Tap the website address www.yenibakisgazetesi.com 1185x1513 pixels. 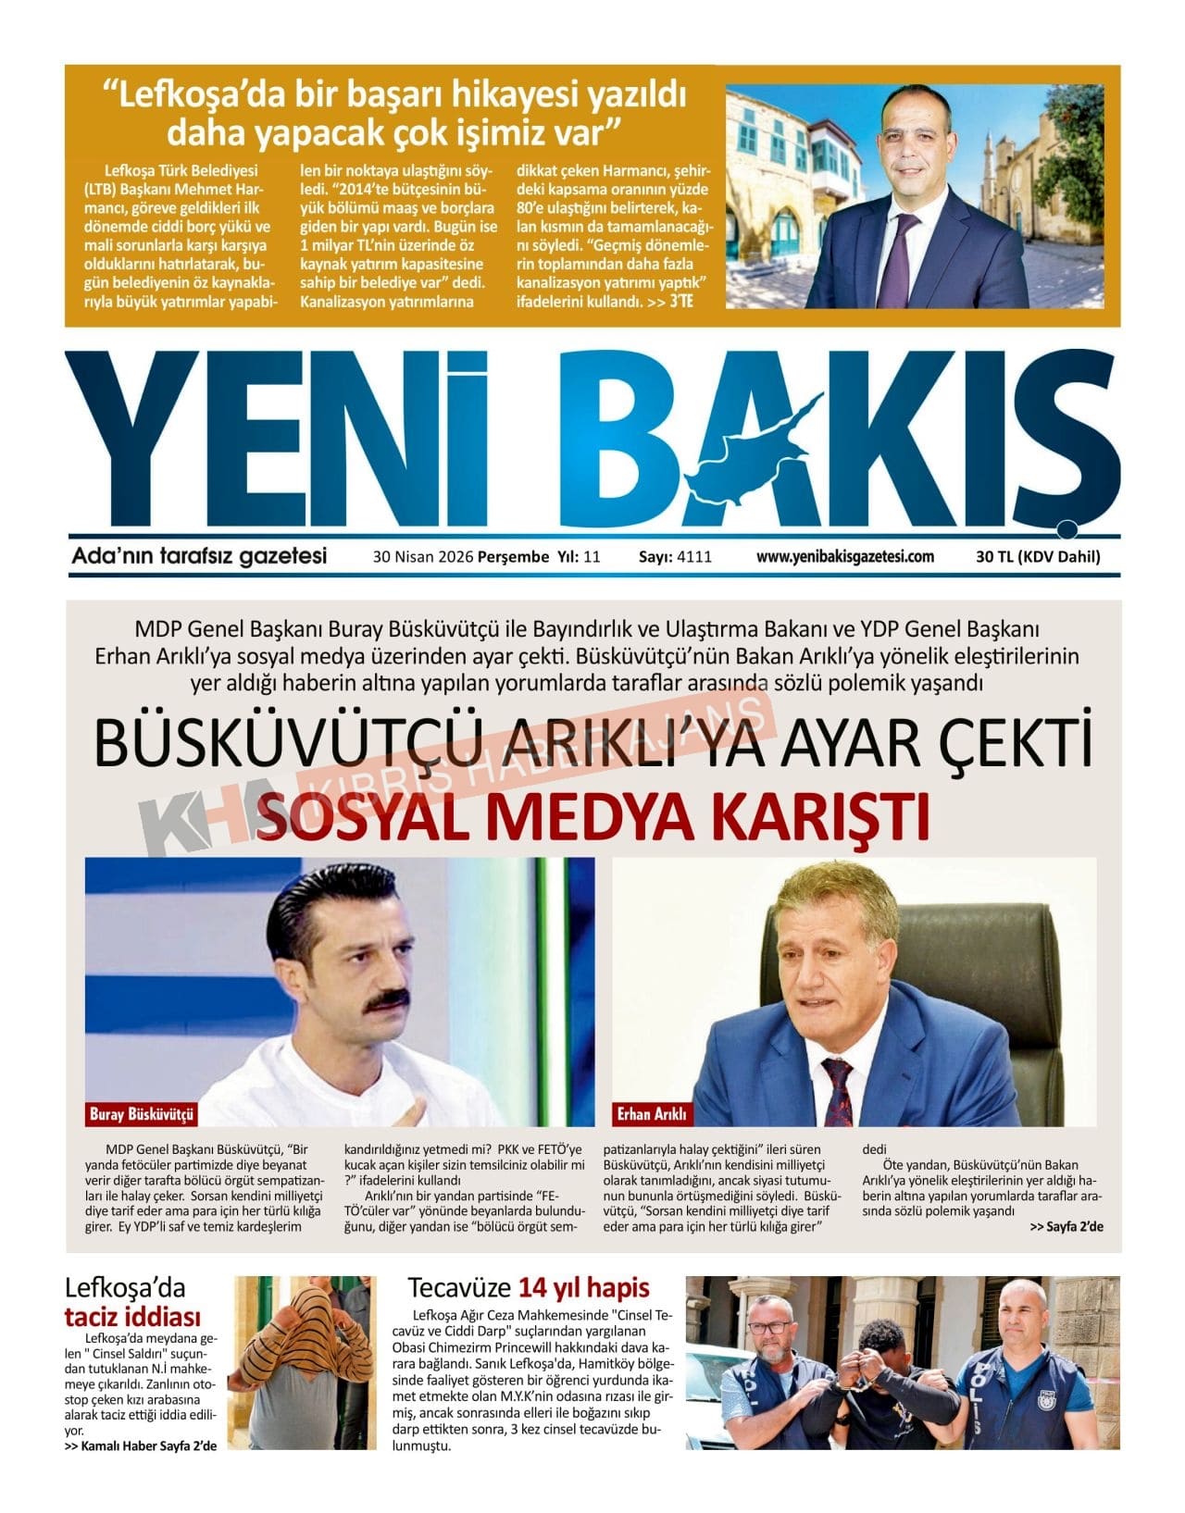[844, 557]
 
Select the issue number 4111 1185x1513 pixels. [694, 557]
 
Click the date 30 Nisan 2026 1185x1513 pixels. [423, 557]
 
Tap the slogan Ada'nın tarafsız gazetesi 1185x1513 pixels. [199, 556]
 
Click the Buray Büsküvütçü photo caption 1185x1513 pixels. [141, 1114]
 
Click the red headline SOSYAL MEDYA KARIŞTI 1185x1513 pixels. [592, 815]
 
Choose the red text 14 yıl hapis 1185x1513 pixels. [583, 1287]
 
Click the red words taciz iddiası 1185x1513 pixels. [133, 1317]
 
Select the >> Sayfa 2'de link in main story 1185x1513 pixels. [1066, 1227]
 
